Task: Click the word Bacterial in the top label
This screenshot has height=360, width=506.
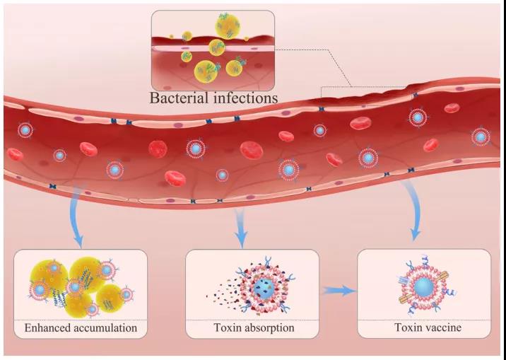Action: click(179, 98)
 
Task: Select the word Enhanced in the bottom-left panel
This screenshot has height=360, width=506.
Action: click(47, 328)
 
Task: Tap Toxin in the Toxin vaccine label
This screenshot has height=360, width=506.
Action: click(408, 327)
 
